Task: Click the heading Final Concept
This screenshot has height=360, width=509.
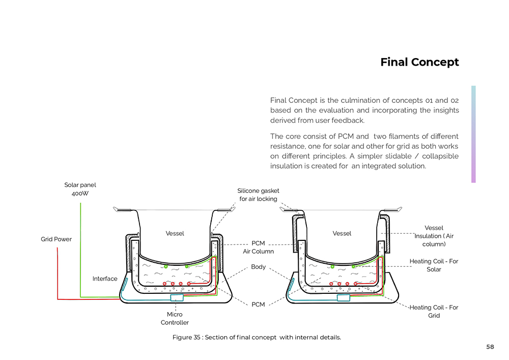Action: click(419, 62)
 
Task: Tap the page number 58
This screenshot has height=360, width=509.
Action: click(490, 347)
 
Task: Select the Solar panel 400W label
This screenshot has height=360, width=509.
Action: click(80, 189)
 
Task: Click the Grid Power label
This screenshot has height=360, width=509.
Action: click(56, 239)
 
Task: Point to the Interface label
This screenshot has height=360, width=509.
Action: click(105, 279)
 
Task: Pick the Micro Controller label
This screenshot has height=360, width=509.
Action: click(175, 318)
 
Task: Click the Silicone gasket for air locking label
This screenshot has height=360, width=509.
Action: click(258, 195)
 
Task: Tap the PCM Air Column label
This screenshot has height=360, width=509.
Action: click(258, 247)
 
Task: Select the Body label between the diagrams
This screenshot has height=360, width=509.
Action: click(258, 267)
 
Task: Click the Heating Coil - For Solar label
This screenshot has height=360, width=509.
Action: click(434, 265)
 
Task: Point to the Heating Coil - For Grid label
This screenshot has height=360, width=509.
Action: click(434, 311)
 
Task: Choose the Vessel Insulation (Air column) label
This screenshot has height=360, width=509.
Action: click(434, 236)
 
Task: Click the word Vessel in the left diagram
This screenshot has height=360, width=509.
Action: click(175, 234)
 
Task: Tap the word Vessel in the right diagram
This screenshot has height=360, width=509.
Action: click(342, 234)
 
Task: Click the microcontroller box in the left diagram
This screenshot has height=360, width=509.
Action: click(177, 297)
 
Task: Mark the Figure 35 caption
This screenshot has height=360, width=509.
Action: click(257, 337)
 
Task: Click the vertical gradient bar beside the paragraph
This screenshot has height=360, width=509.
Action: click(473, 134)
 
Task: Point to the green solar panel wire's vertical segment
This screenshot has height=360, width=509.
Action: click(80, 250)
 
